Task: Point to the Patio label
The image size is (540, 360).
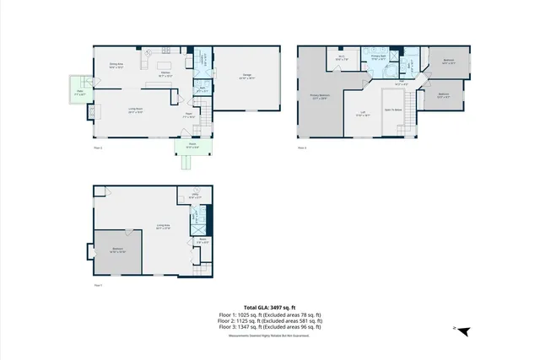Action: click(81, 93)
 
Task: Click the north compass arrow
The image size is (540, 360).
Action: click(462, 330)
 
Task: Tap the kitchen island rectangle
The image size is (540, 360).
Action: click(165, 65)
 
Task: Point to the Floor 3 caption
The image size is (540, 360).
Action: click(302, 148)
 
